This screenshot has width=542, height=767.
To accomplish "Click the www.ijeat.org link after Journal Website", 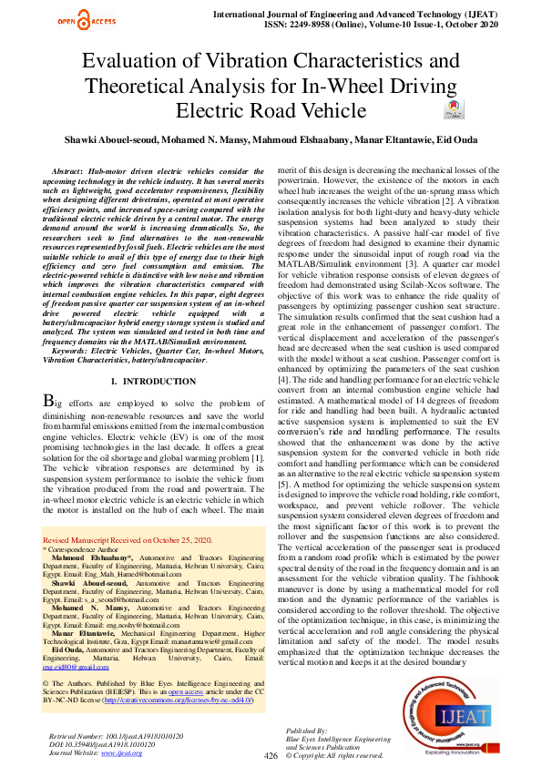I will (x=120, y=752).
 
